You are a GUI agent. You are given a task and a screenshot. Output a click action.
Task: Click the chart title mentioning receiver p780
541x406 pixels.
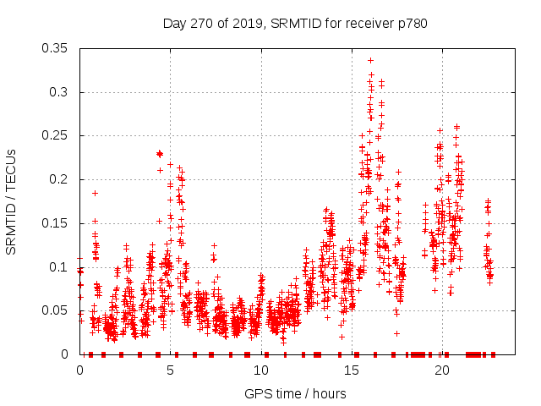coord(295,24)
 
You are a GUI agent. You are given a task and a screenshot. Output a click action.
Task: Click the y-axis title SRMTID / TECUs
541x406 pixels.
coord(11,201)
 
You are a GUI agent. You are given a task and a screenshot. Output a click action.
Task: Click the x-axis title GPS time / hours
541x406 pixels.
coord(295,393)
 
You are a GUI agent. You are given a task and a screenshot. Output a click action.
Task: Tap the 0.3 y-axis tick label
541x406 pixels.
coord(61,92)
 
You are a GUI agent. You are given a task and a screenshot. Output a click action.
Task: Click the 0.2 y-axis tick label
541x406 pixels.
coord(61,179)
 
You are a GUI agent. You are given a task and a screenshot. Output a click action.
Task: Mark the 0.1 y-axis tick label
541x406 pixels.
coord(61,267)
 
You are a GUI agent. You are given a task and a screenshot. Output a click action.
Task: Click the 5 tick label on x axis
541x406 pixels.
coord(171,370)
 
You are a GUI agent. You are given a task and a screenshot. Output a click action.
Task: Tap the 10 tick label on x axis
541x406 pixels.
coord(261,370)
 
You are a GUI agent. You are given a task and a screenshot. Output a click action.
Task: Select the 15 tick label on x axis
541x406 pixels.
coord(352,370)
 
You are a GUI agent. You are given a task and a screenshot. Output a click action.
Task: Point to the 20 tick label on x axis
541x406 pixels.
coord(442,370)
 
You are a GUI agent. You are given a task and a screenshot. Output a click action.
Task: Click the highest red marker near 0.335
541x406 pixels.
coord(370,60)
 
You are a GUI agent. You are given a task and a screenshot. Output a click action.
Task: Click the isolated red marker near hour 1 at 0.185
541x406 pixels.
coord(95,193)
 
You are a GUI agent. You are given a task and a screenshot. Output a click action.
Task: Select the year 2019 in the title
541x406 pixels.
coord(245,24)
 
